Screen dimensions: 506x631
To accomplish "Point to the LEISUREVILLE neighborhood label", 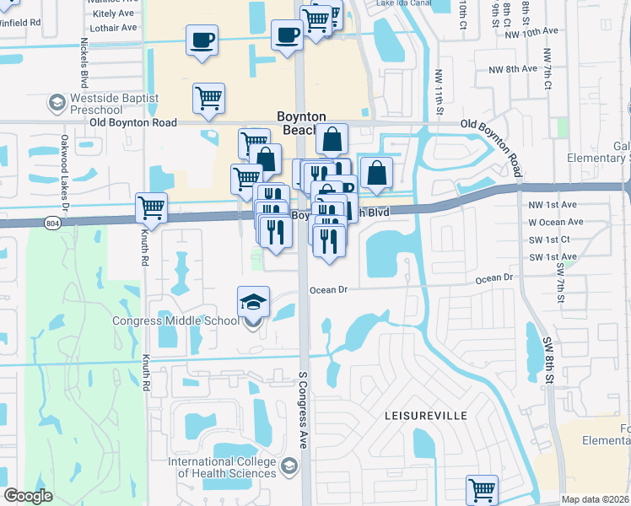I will point(420,417).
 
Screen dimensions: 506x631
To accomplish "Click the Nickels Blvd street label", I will point(84,64).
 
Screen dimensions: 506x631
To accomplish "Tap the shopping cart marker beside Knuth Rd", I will point(151,207).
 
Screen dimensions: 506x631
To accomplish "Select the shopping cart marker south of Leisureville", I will point(482,489).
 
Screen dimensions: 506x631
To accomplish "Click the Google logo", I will point(29,496).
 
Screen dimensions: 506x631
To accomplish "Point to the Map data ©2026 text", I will point(596,499).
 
